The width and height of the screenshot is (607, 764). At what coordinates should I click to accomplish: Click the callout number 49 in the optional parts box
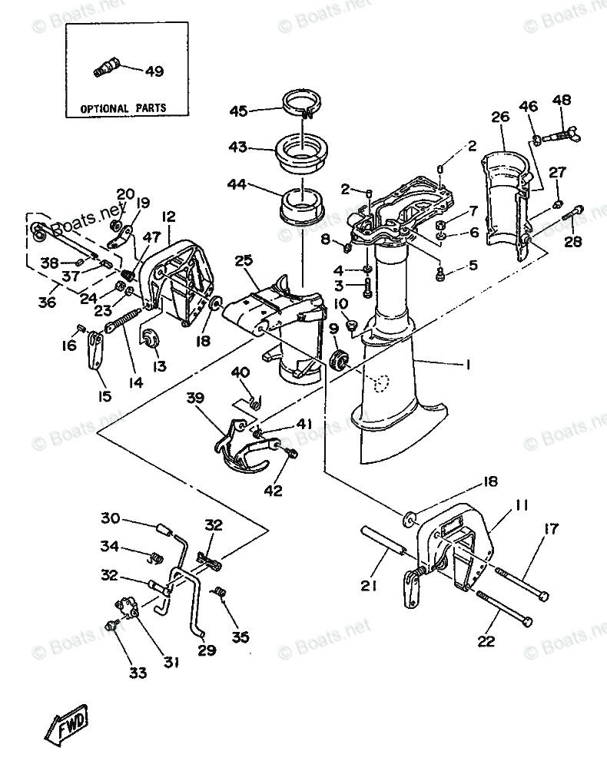click(154, 71)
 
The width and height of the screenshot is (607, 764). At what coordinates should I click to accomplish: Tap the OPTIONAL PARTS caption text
click(124, 108)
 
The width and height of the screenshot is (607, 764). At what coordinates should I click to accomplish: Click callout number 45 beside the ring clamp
click(238, 111)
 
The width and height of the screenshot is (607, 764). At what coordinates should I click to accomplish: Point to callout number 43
click(238, 146)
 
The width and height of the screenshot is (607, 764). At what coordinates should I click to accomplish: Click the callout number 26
click(500, 118)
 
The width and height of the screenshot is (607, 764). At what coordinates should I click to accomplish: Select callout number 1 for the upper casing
click(467, 365)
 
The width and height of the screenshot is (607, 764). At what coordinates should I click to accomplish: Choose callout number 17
click(551, 528)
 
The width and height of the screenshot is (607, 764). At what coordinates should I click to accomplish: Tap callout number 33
click(137, 673)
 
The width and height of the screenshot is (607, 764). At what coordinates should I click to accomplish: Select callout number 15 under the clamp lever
click(104, 397)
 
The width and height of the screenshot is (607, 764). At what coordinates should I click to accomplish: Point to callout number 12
click(169, 217)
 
